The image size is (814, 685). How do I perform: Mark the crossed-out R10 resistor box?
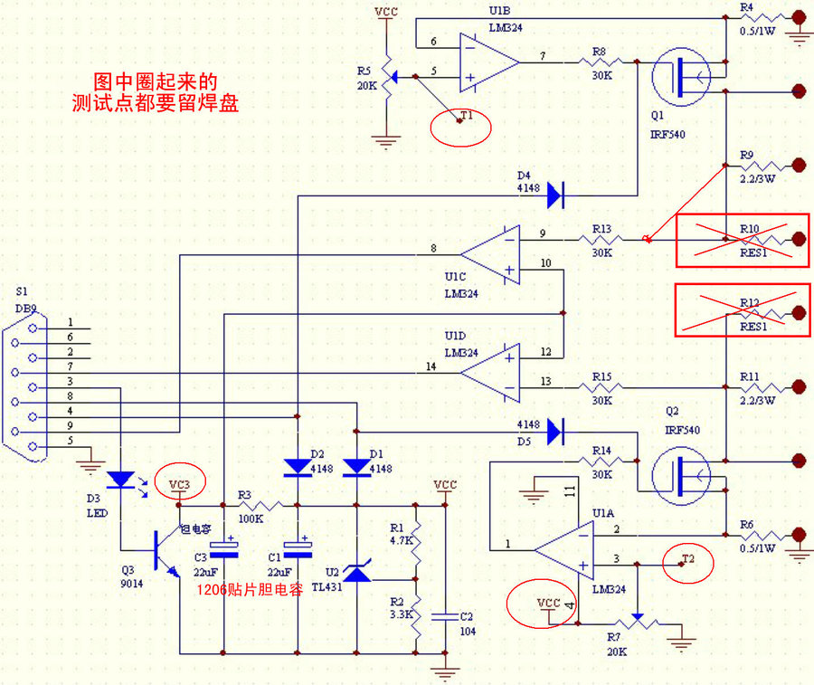click(742, 240)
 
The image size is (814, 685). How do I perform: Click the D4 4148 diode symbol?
click(554, 192)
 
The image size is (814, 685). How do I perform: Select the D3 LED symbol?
click(120, 480)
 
